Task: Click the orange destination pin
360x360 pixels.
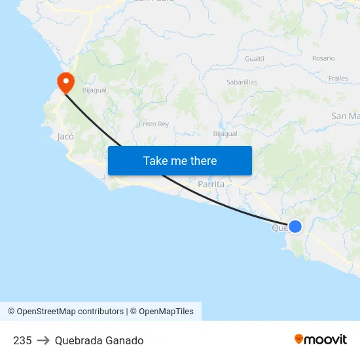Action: [x=65, y=82]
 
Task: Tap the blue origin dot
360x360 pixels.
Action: [x=295, y=226]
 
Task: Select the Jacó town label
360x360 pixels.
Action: [x=65, y=137]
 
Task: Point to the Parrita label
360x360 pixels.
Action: [x=211, y=185]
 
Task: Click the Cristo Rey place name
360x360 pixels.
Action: [x=154, y=124]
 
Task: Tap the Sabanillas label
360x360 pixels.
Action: [x=242, y=82]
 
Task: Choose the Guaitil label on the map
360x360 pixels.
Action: [x=254, y=58]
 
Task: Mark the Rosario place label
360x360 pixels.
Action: [x=323, y=58]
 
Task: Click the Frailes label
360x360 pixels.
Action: [x=338, y=79]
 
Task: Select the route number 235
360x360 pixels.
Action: [x=22, y=340]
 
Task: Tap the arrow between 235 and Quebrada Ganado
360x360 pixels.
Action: [x=43, y=340]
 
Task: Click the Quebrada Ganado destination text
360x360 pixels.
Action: [x=99, y=340]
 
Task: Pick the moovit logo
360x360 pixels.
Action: [x=321, y=339]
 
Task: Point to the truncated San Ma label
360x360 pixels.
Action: [x=346, y=116]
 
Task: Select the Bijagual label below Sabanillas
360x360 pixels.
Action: [x=225, y=134]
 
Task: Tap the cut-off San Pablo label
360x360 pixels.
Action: [x=154, y=1]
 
